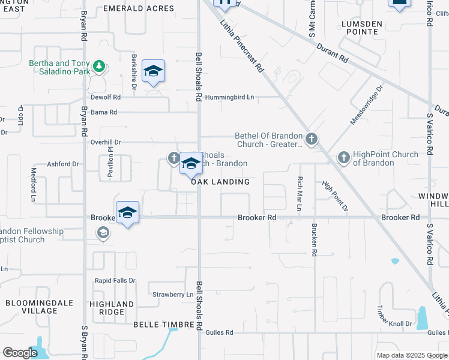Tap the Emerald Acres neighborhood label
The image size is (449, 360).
tap(139, 8)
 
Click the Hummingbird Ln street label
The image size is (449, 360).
tap(229, 97)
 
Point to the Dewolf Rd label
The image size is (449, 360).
tap(106, 97)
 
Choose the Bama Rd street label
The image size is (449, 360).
tap(104, 112)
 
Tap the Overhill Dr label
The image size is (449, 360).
tap(106, 142)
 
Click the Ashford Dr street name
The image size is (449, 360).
tap(64, 164)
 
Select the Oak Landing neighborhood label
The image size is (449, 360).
tap(220, 182)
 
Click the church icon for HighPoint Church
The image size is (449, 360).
tap(344, 157)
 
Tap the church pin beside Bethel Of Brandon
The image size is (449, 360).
tap(311, 139)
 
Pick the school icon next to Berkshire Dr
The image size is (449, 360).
tap(154, 71)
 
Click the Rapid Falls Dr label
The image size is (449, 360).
tap(115, 280)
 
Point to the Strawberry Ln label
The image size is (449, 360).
tap(173, 295)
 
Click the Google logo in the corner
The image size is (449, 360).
tap(20, 353)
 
